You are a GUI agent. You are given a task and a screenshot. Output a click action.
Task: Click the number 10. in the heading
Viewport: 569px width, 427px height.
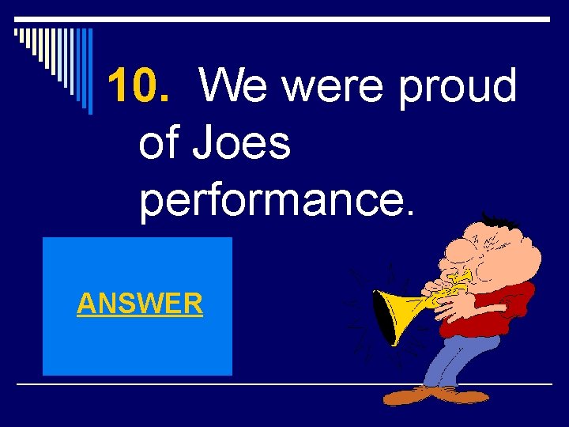tap(138, 87)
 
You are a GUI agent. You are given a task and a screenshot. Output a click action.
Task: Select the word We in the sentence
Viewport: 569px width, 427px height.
tap(234, 87)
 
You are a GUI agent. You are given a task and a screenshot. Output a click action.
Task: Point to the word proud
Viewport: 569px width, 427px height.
tap(458, 87)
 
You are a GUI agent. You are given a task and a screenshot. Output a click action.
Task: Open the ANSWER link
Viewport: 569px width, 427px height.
tap(140, 303)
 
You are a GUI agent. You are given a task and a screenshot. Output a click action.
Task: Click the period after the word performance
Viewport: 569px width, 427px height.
tap(407, 213)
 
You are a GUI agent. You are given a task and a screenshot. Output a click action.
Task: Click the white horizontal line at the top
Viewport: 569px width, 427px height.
tap(284, 18)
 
